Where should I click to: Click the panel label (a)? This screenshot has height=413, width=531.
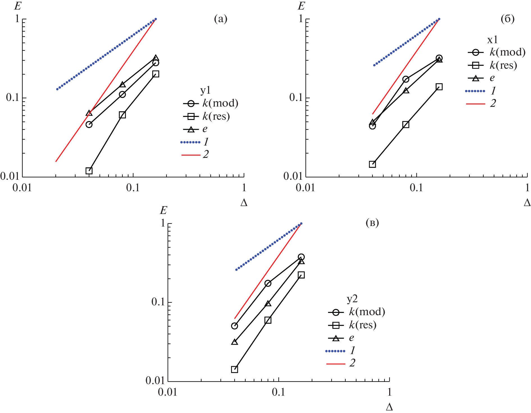click(220, 19)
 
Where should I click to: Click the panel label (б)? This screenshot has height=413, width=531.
click(507, 19)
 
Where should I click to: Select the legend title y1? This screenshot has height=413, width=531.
click(205, 90)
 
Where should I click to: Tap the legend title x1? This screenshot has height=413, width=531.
click(492, 40)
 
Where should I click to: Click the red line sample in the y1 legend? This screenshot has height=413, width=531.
click(191, 155)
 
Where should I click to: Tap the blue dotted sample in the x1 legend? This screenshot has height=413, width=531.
click(475, 91)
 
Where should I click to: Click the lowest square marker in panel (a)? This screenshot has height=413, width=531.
click(89, 171)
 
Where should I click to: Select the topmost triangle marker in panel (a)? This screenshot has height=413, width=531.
click(156, 58)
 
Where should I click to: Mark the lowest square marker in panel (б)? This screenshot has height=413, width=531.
click(372, 164)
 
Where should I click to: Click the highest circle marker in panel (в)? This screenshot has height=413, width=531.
click(301, 257)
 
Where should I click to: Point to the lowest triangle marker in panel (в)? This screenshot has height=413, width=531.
click(234, 342)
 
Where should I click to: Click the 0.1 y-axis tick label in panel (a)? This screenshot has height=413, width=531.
click(13, 98)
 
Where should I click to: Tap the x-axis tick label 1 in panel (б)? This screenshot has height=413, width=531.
click(527, 188)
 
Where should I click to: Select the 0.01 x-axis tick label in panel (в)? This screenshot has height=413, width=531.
click(168, 392)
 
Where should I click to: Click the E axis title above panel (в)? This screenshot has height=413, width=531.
click(163, 210)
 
